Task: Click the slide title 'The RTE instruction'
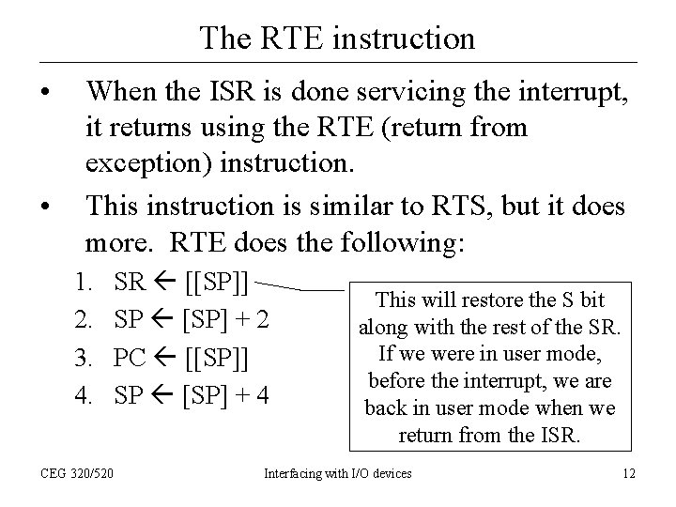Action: click(x=337, y=38)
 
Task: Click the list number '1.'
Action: click(x=84, y=282)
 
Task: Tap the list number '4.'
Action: click(x=84, y=395)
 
